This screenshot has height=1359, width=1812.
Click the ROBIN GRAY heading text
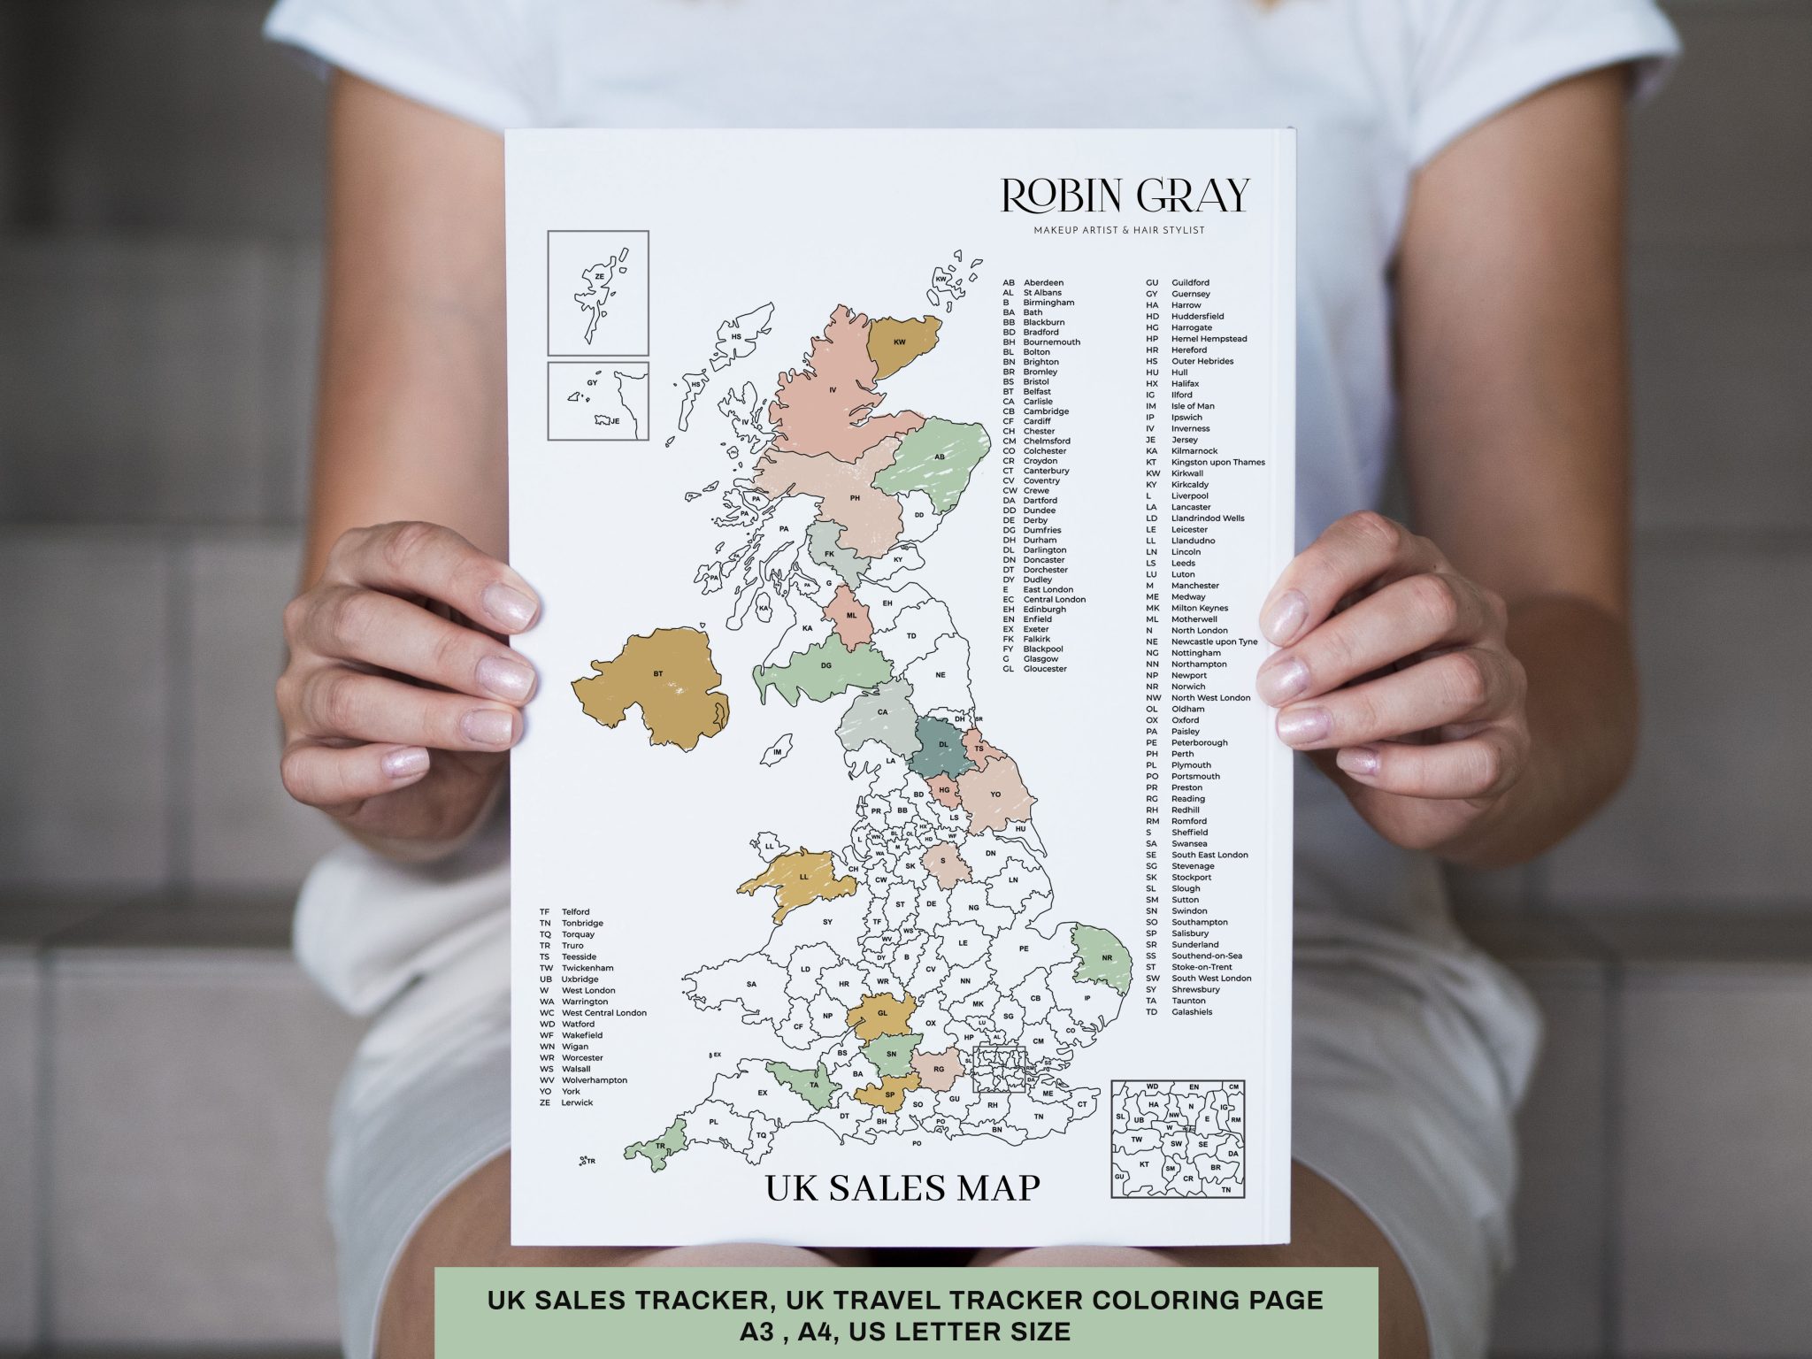[x=1126, y=196]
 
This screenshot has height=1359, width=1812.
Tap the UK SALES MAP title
[x=902, y=1188]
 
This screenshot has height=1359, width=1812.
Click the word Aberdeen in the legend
[x=1043, y=283]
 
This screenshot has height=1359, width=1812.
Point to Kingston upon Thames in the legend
[x=1217, y=462]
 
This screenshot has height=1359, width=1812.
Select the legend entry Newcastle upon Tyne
[x=1214, y=641]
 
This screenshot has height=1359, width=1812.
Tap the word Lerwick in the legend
[x=577, y=1102]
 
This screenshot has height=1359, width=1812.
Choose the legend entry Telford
[x=575, y=911]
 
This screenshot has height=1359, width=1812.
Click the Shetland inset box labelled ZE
[x=598, y=292]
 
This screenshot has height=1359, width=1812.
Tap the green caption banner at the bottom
[x=905, y=1312]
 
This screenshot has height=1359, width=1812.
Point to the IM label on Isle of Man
[x=778, y=752]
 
